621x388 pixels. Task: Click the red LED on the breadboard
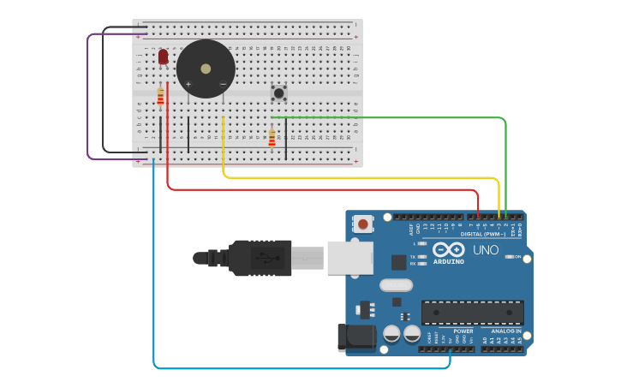tap(163, 57)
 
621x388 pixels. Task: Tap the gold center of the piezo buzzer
tap(206, 69)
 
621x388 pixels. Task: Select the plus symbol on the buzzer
tap(188, 84)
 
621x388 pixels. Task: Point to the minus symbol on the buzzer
tap(223, 84)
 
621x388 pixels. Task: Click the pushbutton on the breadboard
tap(278, 91)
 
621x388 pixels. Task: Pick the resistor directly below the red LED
tap(160, 97)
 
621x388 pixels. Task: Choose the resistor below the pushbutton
tap(272, 137)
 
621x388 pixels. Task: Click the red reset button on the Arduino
tap(364, 224)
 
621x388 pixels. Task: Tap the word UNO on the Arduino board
tap(486, 251)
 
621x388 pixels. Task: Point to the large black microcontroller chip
tap(472, 313)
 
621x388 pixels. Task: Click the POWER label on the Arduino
tap(463, 331)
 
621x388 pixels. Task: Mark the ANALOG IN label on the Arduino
tap(506, 331)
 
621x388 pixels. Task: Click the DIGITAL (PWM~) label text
tap(483, 234)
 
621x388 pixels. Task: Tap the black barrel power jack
tap(357, 337)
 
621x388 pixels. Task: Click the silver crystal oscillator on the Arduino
tap(396, 285)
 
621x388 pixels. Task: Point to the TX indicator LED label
tap(412, 257)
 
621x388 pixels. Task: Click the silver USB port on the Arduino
tap(350, 257)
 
